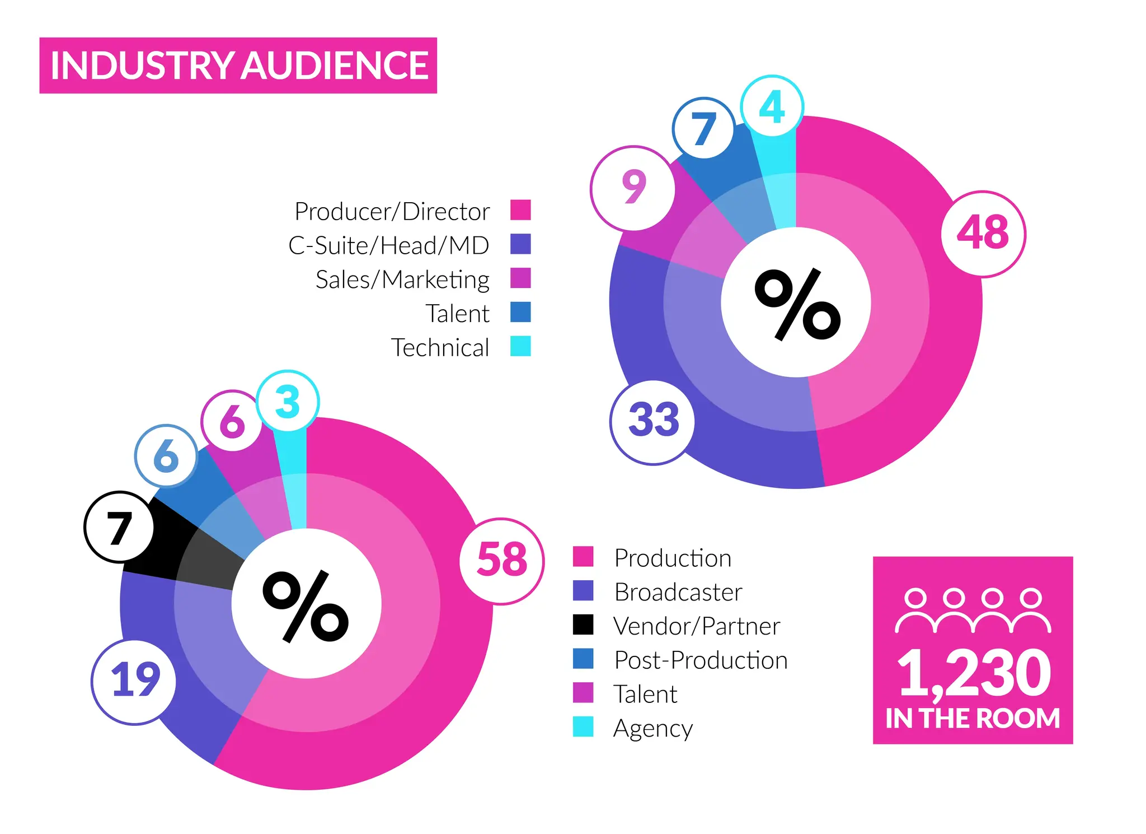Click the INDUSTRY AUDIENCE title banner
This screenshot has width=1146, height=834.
tap(238, 66)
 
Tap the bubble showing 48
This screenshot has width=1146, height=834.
tap(983, 234)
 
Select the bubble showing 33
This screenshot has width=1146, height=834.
tap(652, 421)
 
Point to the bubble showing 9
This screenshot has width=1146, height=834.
tap(633, 188)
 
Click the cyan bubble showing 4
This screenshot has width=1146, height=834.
tap(772, 106)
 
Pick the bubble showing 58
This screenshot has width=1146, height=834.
tap(502, 561)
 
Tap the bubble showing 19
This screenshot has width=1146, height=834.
tap(134, 682)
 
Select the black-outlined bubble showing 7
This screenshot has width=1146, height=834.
tap(119, 527)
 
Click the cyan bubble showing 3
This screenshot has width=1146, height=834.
tap(288, 401)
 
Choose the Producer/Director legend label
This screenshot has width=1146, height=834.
tap(392, 212)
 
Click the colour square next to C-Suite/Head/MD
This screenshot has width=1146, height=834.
tap(520, 244)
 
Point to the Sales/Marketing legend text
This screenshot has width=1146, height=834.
tap(402, 279)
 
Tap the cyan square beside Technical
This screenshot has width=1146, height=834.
tap(520, 346)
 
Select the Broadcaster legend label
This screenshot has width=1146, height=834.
tap(678, 592)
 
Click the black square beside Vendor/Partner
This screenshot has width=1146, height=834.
tap(583, 625)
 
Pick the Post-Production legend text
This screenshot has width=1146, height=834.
tap(701, 660)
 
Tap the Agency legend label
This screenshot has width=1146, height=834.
tap(652, 728)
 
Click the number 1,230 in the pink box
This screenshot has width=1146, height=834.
tap(974, 673)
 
